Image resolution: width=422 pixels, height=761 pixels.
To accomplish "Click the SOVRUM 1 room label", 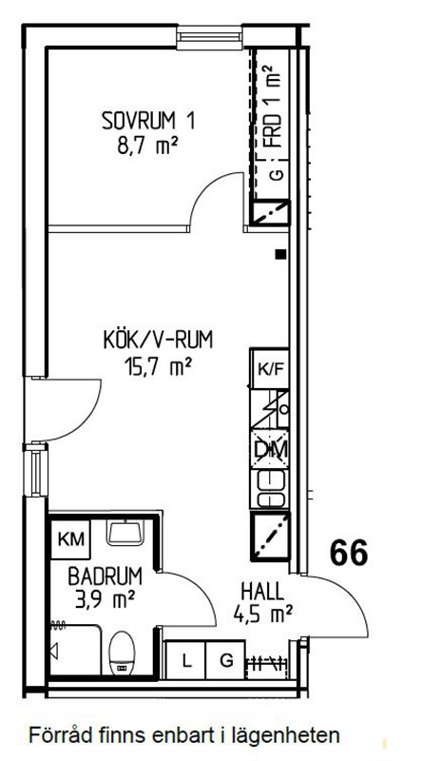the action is point(148,122).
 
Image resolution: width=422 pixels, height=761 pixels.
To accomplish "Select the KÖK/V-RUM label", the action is point(158,341).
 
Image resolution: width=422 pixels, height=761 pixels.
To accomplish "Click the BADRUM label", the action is point(105,576).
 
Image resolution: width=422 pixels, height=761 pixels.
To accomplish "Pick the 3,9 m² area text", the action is point(105,600).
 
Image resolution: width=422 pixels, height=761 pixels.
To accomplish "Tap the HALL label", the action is point(262,592).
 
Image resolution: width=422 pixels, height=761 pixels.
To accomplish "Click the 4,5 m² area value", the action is point(262,614).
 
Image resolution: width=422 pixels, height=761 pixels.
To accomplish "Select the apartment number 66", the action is point(349,553).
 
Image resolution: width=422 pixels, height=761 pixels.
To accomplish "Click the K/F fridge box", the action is point(270,368).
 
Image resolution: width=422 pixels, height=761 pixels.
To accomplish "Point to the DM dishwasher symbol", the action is point(270,449).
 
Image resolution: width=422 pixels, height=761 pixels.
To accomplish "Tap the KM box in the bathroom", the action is point(71,538).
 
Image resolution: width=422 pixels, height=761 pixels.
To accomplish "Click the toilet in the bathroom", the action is point(123,653).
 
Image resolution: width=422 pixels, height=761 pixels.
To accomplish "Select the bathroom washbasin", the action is point(125,533).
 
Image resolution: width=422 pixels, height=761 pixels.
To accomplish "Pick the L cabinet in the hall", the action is point(185,660).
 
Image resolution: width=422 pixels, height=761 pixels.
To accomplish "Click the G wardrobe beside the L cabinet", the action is point(225,660).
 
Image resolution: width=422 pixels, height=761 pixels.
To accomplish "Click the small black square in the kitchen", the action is point(279,254).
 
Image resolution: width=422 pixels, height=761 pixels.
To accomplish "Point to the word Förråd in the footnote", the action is point(56,735).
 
